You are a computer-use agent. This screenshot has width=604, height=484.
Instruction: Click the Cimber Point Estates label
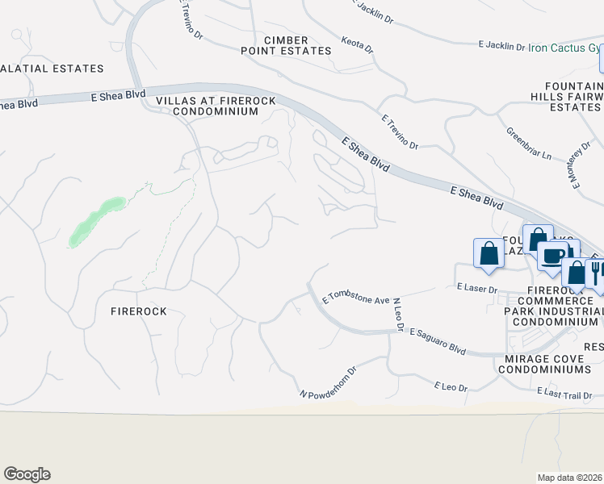click(286, 45)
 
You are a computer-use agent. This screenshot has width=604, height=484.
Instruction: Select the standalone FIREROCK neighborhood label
click(138, 311)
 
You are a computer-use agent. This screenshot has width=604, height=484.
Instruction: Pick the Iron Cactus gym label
click(564, 48)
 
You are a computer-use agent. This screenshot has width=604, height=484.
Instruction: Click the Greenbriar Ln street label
click(528, 143)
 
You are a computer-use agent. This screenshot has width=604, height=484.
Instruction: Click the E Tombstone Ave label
click(356, 298)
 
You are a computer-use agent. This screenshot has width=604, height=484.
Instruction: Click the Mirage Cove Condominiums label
click(544, 363)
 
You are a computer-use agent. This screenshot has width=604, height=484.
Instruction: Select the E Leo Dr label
click(451, 387)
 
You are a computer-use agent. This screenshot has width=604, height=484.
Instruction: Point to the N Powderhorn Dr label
click(328, 383)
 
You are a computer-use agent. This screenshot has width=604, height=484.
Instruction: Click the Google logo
click(27, 474)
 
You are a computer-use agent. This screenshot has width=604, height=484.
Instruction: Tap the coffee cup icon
click(554, 256)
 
